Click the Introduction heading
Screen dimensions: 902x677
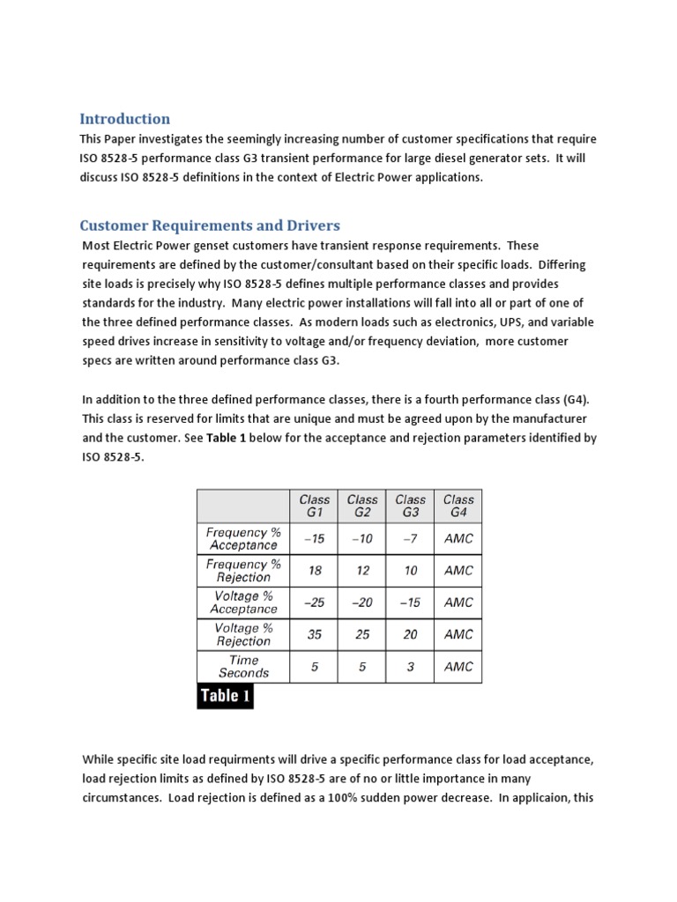coord(124,119)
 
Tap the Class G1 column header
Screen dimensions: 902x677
coord(315,505)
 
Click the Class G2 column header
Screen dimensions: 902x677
coord(362,505)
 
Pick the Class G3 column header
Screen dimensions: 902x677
coord(410,505)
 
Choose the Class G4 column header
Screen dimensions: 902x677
coord(458,505)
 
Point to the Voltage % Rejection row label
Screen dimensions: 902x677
coord(243,634)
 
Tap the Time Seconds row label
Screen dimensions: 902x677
coord(243,666)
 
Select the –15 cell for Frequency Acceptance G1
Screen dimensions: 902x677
coord(315,538)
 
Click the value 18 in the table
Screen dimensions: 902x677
coord(315,570)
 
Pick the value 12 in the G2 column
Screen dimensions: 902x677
coord(362,570)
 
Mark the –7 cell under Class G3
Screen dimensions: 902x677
coord(410,538)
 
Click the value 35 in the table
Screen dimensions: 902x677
coord(315,634)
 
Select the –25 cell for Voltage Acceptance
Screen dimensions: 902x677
coord(315,603)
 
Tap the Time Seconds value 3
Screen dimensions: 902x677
coord(410,666)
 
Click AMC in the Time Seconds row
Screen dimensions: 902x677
coord(458,666)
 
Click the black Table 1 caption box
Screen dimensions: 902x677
coord(224,696)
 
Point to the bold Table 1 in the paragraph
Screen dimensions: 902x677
coord(227,438)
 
